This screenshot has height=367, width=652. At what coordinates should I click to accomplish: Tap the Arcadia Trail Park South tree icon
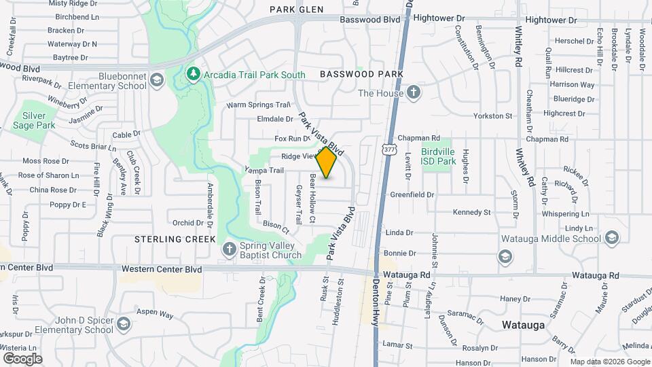pyautogui.click(x=194, y=73)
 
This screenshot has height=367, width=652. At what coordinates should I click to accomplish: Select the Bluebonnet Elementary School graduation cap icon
pyautogui.click(x=158, y=81)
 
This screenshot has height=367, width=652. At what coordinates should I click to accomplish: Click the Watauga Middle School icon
pyautogui.click(x=612, y=238)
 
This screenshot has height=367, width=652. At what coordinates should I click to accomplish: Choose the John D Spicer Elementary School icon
pyautogui.click(x=124, y=323)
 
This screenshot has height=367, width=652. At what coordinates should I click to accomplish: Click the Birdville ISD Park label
pyautogui.click(x=438, y=156)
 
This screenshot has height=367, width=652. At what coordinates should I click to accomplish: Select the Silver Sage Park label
pyautogui.click(x=33, y=120)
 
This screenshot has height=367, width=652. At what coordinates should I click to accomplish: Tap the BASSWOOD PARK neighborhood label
pyautogui.click(x=361, y=73)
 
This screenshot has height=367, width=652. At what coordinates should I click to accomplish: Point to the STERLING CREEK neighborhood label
pyautogui.click(x=175, y=239)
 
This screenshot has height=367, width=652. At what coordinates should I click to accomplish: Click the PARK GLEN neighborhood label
pyautogui.click(x=296, y=10)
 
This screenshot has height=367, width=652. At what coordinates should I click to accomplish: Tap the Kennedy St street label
pyautogui.click(x=471, y=213)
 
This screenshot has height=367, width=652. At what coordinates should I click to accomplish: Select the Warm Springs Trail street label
pyautogui.click(x=258, y=105)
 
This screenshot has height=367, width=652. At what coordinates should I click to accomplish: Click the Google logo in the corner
pyautogui.click(x=22, y=359)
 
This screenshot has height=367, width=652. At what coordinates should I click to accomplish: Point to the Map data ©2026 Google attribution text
pyautogui.click(x=609, y=362)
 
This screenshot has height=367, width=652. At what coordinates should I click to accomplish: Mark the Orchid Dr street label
pyautogui.click(x=183, y=222)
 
